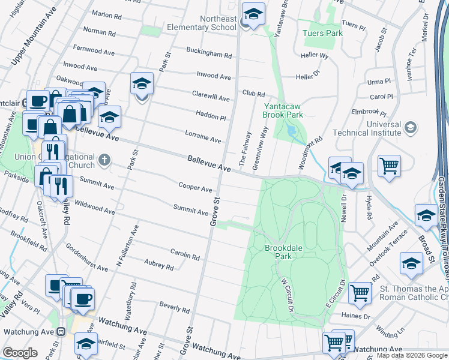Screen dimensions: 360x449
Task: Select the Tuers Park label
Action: [x=322, y=33]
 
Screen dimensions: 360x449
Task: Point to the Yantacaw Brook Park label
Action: [x=283, y=109]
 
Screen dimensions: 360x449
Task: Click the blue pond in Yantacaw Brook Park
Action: [x=292, y=130]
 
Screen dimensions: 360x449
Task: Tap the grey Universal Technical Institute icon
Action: [x=410, y=127]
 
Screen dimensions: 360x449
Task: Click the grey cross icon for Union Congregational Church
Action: [x=104, y=160]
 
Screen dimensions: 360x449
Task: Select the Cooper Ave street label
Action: [x=195, y=187]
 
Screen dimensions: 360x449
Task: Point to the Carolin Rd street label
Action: [x=184, y=254]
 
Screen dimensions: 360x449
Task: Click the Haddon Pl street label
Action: [x=210, y=115]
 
